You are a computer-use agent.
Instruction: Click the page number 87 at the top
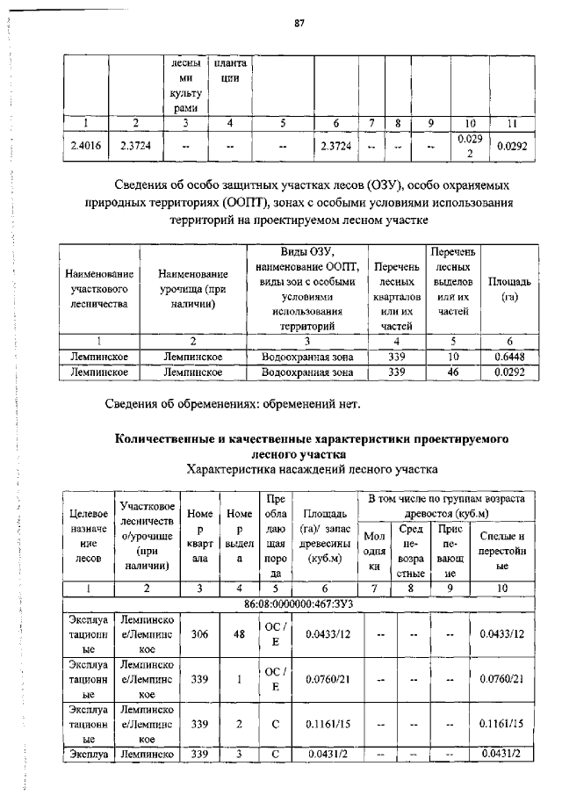click(298, 24)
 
